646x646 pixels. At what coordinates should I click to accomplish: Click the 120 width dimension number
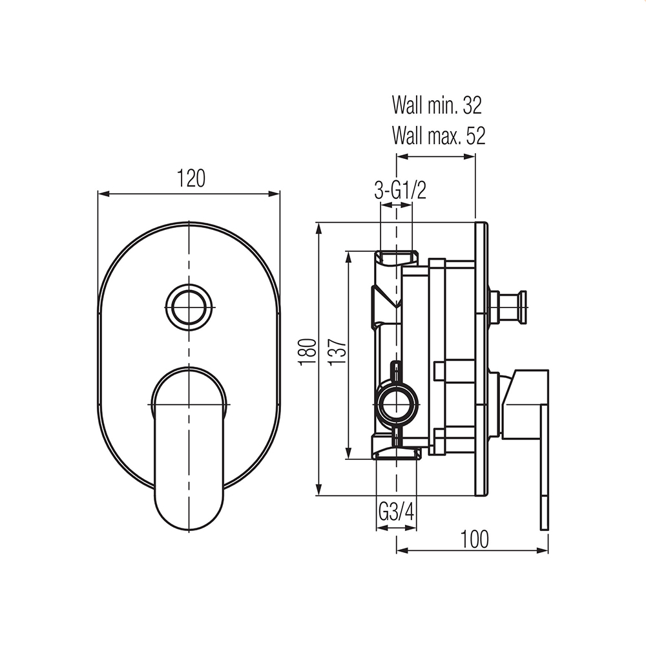click(191, 178)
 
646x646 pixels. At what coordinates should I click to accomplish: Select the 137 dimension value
click(337, 351)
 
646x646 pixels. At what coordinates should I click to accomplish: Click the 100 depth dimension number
click(474, 539)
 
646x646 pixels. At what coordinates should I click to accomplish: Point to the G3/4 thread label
click(396, 513)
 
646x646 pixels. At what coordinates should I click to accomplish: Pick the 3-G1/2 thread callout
click(400, 191)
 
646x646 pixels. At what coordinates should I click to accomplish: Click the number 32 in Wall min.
click(472, 105)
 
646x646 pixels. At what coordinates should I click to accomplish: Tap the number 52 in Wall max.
click(476, 135)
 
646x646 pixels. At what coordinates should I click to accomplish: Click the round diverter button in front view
click(189, 307)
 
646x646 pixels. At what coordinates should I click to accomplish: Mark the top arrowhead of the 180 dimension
click(319, 228)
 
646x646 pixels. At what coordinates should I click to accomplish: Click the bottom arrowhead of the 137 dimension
click(349, 453)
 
